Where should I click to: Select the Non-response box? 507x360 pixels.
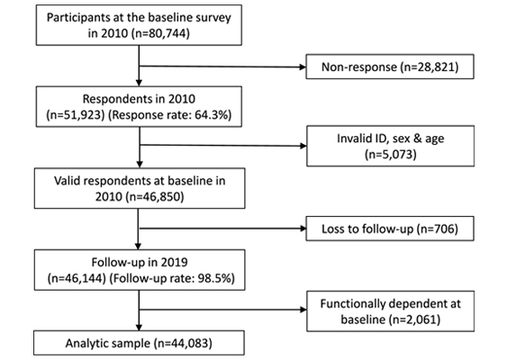(390, 67)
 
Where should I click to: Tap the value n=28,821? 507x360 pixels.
(430, 67)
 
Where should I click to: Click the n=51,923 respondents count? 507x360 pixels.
(76, 115)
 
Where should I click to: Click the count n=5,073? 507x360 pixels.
(390, 154)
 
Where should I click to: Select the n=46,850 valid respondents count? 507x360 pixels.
(155, 196)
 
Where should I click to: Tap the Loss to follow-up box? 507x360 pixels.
(390, 229)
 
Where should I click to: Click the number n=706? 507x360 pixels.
(437, 229)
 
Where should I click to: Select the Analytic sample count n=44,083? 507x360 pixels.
(183, 343)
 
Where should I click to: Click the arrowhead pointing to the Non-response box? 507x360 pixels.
(303, 67)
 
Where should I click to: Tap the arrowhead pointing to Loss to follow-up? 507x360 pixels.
(303, 229)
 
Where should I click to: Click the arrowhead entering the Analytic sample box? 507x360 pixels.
(139, 328)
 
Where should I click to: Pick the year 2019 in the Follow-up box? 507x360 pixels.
(175, 262)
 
